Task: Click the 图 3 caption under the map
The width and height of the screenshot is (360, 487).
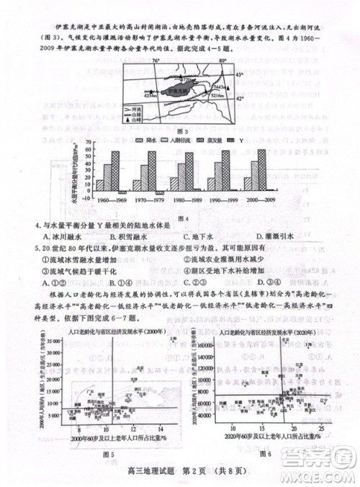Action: click(x=181, y=132)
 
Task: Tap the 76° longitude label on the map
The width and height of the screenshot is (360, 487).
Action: click(x=155, y=62)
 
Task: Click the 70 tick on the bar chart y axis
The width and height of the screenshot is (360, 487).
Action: click(x=88, y=142)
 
